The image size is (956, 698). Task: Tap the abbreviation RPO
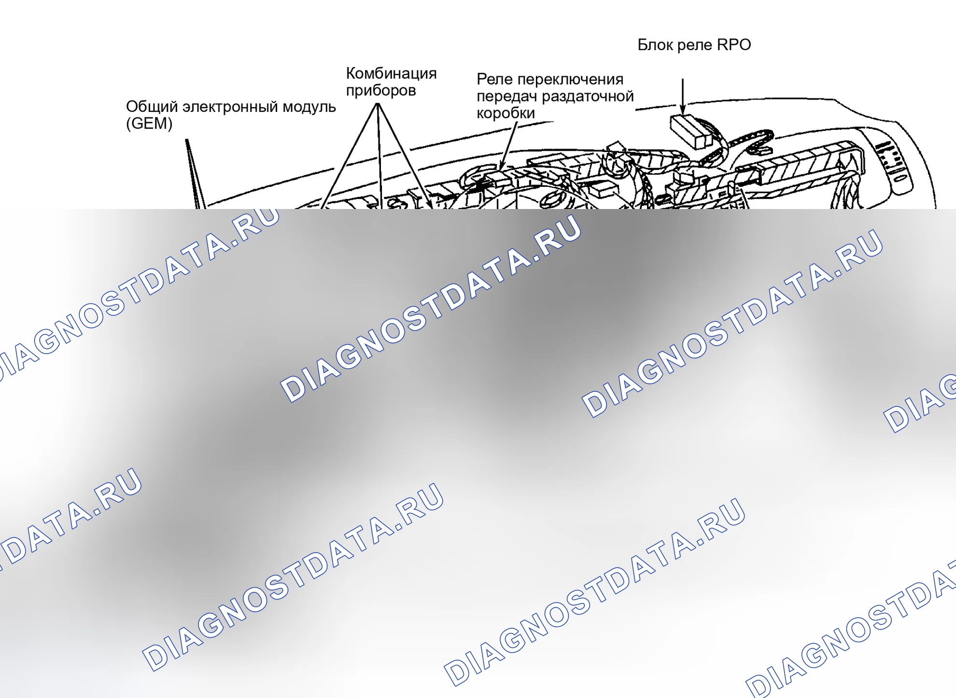pos(734,45)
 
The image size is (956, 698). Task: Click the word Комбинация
pos(392,73)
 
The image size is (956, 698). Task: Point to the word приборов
pos(381,91)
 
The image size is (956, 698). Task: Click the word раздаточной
pos(588,97)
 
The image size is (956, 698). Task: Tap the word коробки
pos(506,113)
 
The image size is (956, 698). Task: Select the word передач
pos(506,97)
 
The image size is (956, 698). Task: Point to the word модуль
pos(309,107)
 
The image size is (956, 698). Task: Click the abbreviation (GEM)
pos(149,124)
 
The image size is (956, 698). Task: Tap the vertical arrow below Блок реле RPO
pos(683,97)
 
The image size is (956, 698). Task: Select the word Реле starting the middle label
pos(494,80)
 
